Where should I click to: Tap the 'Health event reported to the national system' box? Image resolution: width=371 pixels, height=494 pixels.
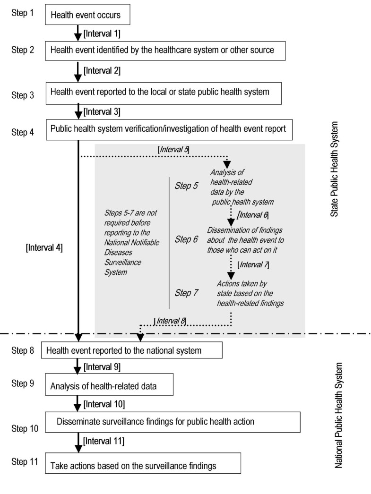132,350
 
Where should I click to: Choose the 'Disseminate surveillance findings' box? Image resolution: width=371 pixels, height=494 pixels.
173,421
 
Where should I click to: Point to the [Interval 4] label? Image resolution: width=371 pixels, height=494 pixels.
45,247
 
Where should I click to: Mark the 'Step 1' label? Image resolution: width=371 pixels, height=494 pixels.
22,10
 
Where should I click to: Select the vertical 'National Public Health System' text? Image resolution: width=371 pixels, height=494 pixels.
338,415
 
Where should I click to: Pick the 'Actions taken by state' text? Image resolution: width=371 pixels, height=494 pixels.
250,293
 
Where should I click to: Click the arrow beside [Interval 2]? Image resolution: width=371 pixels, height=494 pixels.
77,71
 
